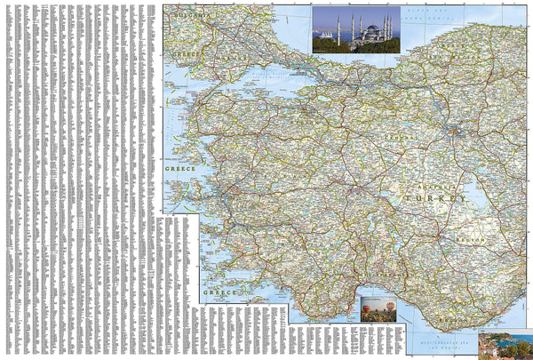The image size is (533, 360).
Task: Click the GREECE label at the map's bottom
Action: point(219,292)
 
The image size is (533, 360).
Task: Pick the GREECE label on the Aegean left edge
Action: point(179,166)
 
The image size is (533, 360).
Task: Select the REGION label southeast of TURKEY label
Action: point(468,238)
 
